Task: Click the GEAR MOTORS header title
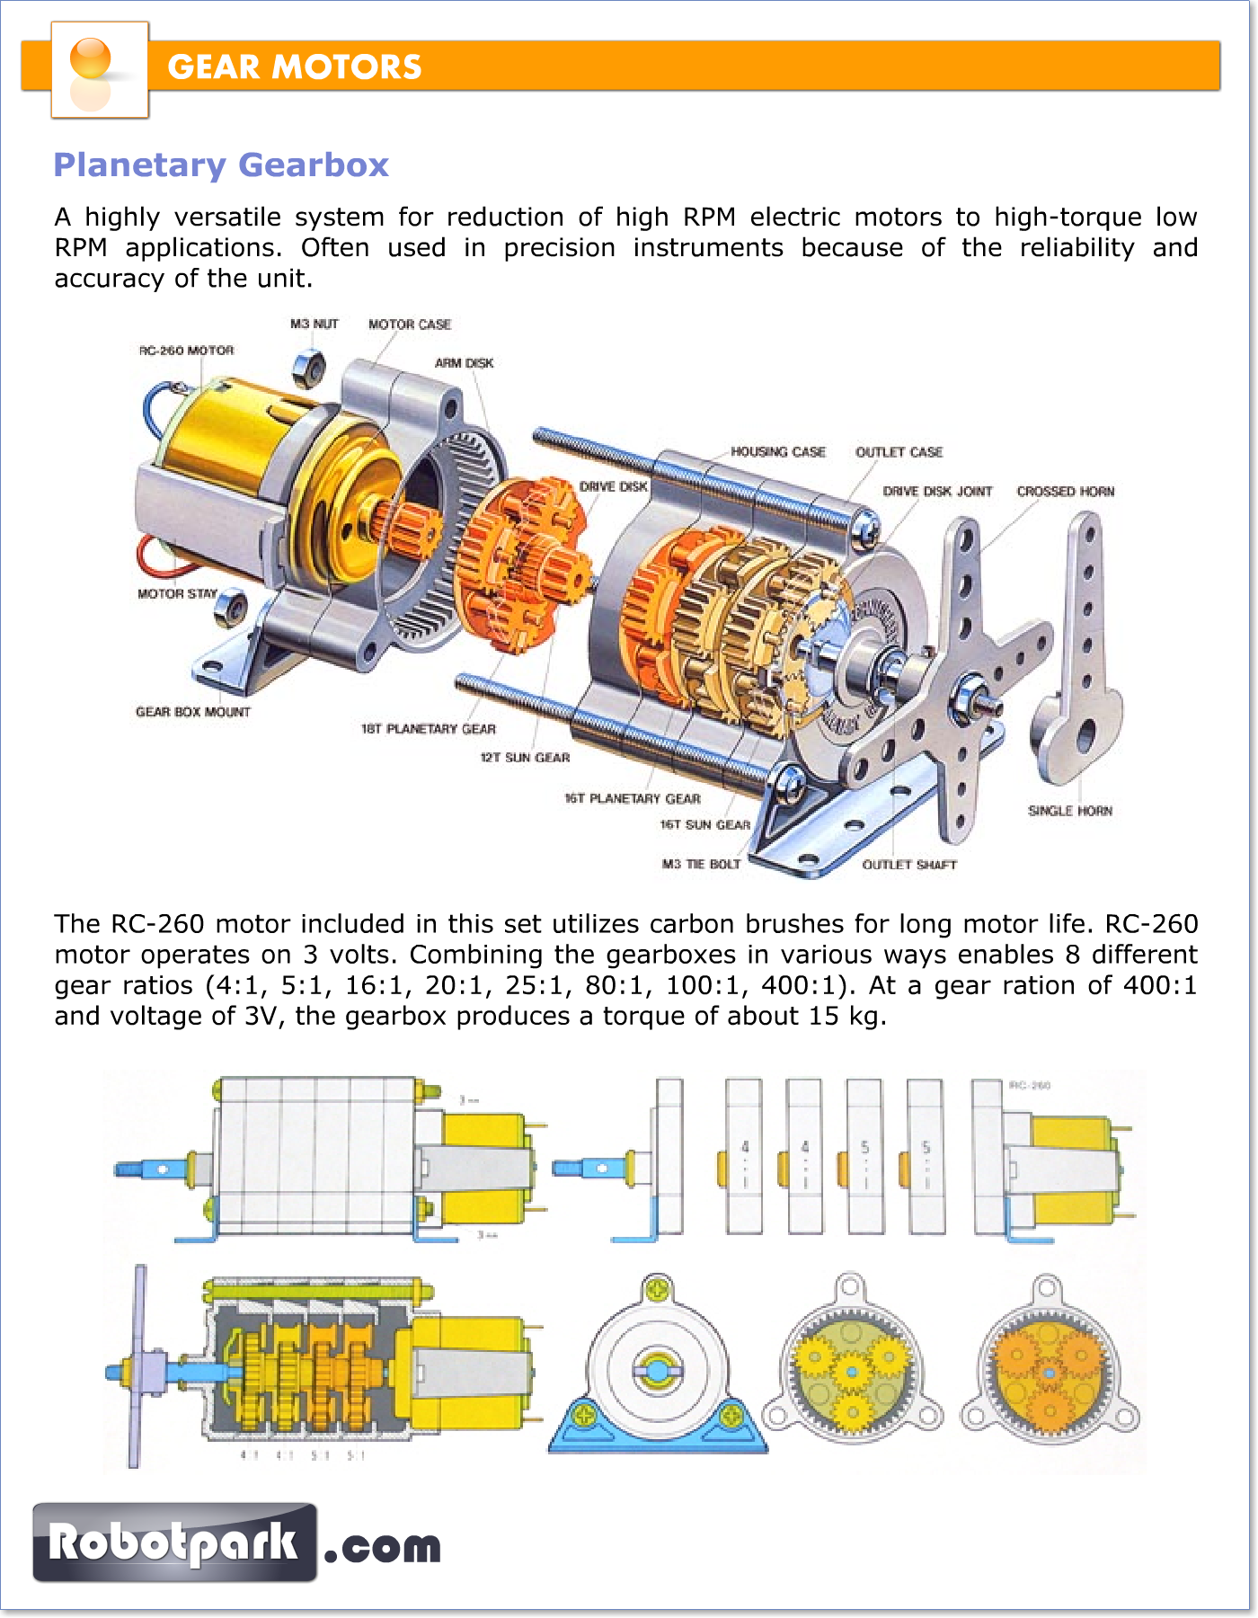click(295, 67)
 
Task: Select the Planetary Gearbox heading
click(221, 165)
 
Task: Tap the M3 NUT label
click(314, 324)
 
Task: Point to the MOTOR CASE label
click(410, 324)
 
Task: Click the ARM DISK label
click(464, 363)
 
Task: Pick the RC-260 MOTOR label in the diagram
click(187, 351)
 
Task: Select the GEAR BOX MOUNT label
click(193, 712)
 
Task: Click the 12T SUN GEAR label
click(525, 758)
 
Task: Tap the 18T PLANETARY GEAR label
click(429, 729)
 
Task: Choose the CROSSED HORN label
click(1066, 492)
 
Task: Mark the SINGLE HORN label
click(1070, 811)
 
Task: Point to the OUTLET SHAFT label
click(909, 865)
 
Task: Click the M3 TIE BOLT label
click(701, 864)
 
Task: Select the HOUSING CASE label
click(778, 452)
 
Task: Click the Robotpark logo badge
click(175, 1542)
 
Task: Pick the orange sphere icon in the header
click(91, 59)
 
